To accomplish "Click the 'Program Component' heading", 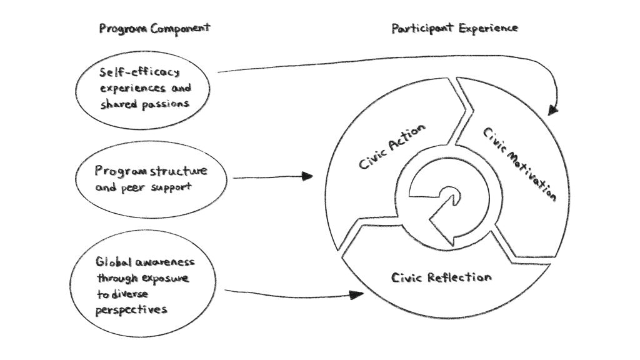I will coord(154,29).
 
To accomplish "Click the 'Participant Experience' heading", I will coord(454,28).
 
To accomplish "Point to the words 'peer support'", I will coord(154,187).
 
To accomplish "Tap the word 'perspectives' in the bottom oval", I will coord(131,309).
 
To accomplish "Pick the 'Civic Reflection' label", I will coord(441,277).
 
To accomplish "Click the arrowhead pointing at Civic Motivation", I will coord(552,109).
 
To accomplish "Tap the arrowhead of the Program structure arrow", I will coord(306,176).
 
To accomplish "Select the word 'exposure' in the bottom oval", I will coord(164,277).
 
